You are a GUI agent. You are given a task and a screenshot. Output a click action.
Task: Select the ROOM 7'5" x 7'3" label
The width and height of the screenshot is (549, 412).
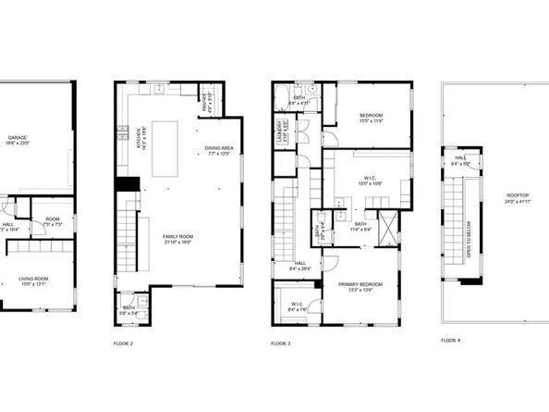coord(53,221)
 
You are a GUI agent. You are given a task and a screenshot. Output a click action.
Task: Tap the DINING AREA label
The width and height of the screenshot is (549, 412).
coord(219,150)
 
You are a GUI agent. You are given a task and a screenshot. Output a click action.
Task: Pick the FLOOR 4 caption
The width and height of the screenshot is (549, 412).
coord(450,341)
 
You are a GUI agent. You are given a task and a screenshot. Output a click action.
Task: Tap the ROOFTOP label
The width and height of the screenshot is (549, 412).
coord(518,197)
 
